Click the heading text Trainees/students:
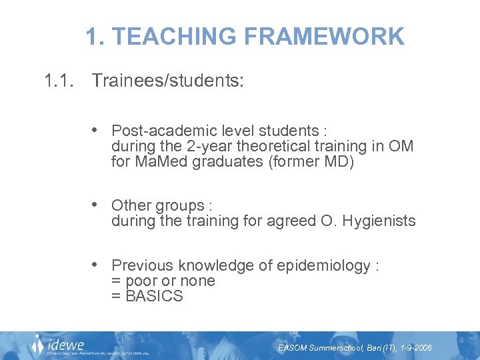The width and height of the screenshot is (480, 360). (168, 81)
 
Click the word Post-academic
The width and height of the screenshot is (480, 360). (159, 130)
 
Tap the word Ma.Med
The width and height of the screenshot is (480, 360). (161, 161)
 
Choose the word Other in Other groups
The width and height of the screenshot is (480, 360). (129, 205)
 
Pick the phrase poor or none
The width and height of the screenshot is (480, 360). (169, 281)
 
